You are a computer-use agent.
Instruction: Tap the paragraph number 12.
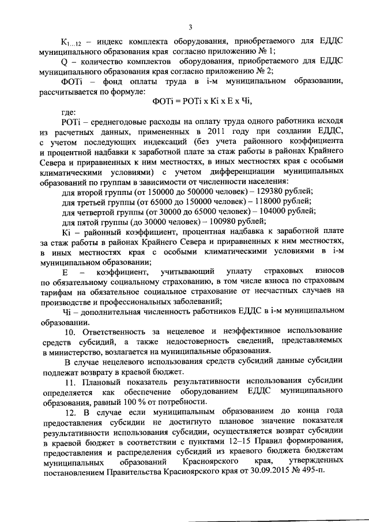tap(70, 412)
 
